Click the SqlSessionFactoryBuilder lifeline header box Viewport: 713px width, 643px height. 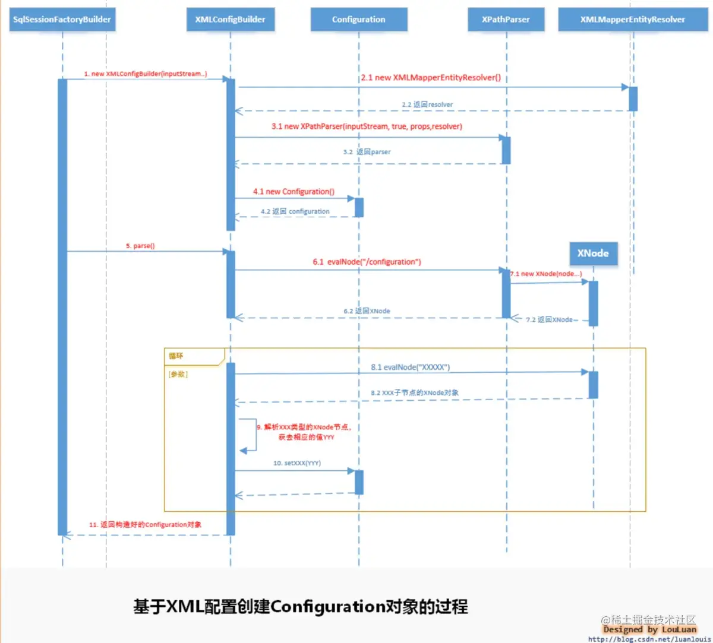pos(62,20)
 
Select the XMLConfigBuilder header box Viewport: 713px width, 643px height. pos(230,20)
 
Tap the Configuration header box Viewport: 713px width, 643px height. pos(358,20)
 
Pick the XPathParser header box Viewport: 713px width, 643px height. pos(506,20)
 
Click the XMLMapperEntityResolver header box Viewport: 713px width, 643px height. pos(632,20)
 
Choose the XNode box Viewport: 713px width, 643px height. pos(593,254)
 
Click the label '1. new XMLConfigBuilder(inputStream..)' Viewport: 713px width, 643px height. pos(146,74)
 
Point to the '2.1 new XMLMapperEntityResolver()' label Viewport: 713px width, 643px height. pos(431,78)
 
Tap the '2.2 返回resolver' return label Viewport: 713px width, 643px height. pos(427,104)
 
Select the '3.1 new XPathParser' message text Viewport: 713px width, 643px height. pos(367,126)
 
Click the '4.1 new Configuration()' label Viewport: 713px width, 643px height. pos(294,192)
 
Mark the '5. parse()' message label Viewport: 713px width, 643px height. pos(140,246)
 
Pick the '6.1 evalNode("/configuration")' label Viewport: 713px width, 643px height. pos(367,262)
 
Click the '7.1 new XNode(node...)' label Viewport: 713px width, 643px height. pos(546,274)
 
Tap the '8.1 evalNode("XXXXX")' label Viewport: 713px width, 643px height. pos(410,368)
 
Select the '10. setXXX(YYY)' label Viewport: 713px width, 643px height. pos(297,463)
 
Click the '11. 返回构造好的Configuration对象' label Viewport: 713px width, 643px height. pos(146,525)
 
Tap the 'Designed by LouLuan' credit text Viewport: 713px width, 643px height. pos(649,629)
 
